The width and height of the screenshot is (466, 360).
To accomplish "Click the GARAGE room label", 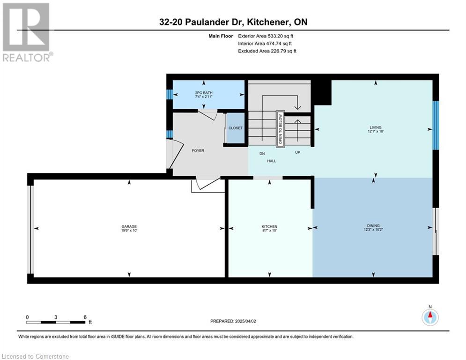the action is tap(129, 226).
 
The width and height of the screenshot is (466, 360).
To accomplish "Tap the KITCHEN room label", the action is tap(269, 226).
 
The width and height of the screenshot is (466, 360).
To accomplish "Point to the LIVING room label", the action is tap(376, 127).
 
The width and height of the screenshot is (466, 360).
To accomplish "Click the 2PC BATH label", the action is tap(204, 93).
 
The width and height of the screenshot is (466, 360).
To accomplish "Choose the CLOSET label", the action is tap(236, 128).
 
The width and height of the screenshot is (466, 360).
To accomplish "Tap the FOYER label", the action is tap(198, 150).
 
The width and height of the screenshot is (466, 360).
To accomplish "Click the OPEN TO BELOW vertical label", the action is tap(280, 129).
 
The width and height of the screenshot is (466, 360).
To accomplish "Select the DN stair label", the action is tap(262, 154).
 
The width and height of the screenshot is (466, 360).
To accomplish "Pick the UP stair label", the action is tap(297, 152).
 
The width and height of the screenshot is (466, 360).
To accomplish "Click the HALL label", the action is tap(271, 161).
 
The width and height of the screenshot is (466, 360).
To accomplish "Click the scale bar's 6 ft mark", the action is tap(85, 317).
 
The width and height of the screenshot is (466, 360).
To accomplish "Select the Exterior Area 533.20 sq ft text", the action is tap(266, 36).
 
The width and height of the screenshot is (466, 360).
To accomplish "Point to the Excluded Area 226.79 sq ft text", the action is tap(267, 51).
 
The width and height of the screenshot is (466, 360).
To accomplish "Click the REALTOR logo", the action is tap(26, 32).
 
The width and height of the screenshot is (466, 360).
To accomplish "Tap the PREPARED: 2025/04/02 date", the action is tap(233, 321).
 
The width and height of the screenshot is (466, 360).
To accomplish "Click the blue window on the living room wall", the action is tap(436, 125).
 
